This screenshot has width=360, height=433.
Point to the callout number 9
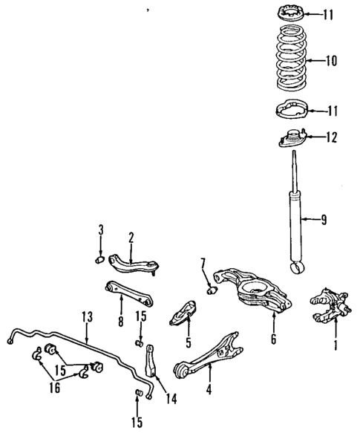click(324, 219)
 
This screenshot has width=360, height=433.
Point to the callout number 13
click(87, 316)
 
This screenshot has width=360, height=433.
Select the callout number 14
click(173, 400)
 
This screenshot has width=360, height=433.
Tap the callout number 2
click(131, 238)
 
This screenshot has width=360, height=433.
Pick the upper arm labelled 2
click(134, 261)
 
